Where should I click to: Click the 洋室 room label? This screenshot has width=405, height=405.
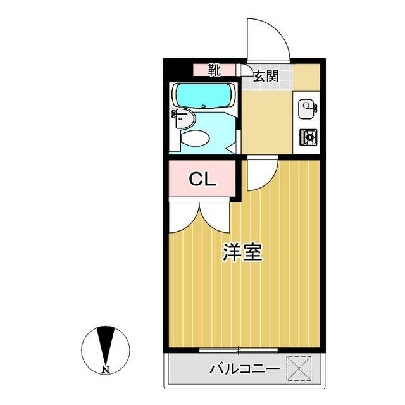(x=242, y=252)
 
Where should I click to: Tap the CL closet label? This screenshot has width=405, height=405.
(x=204, y=179)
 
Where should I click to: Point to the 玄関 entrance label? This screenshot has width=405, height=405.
(x=266, y=77)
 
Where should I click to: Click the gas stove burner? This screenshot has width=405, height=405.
(x=309, y=136)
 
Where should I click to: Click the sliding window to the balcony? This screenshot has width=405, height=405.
(x=239, y=350)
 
